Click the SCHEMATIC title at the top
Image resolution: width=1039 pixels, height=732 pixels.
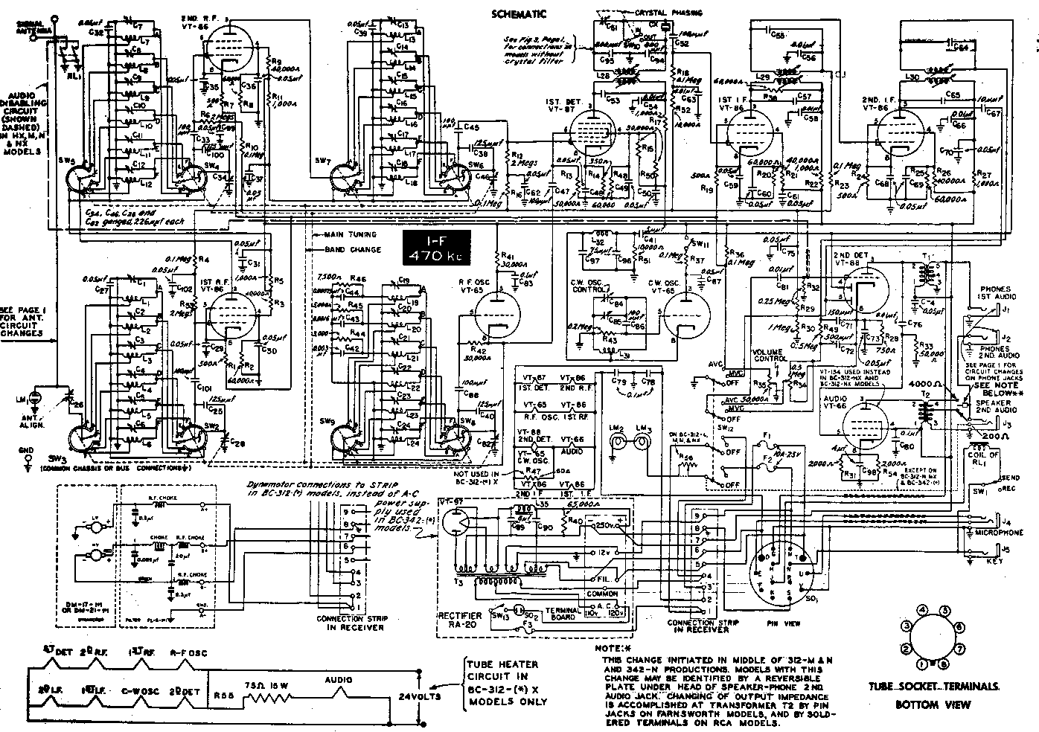pos(519,13)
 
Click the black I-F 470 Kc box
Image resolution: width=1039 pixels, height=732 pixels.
pos(436,248)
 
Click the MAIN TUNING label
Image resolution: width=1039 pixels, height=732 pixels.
pos(351,234)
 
